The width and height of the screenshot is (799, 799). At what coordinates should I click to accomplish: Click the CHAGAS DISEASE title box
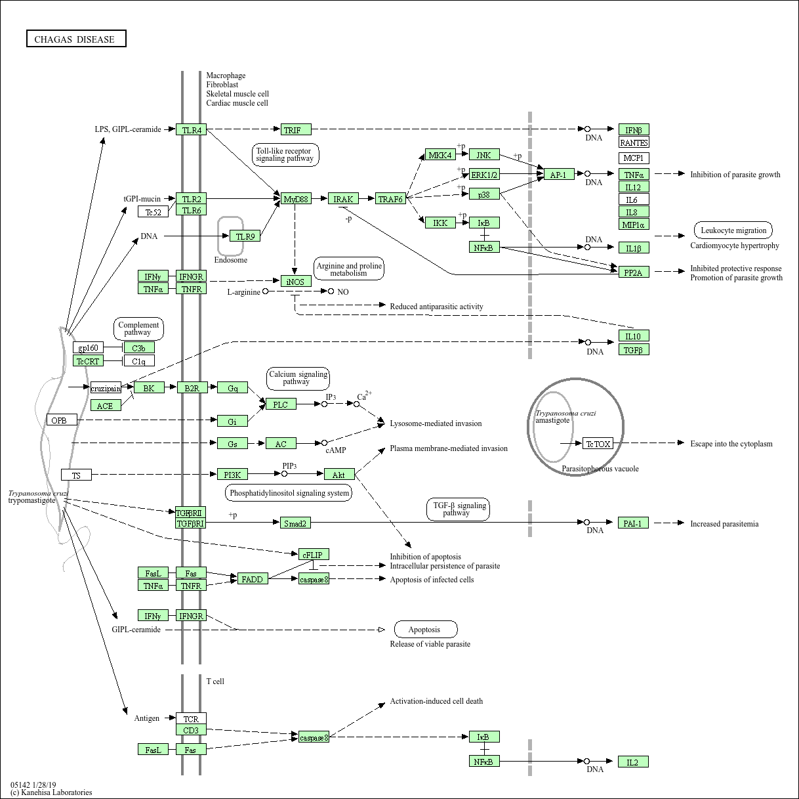(x=76, y=39)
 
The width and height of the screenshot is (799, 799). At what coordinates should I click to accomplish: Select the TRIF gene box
(x=296, y=129)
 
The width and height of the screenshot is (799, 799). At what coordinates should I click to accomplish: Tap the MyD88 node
(x=296, y=199)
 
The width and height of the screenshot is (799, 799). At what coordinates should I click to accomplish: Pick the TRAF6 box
(x=390, y=199)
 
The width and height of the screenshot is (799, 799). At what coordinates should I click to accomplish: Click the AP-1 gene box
(x=559, y=175)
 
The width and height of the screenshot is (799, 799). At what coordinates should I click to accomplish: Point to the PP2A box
(x=634, y=272)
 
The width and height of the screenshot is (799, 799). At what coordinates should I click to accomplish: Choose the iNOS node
(x=296, y=282)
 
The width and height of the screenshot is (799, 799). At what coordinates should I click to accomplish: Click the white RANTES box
(x=634, y=142)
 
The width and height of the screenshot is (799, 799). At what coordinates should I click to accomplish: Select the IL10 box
(x=634, y=335)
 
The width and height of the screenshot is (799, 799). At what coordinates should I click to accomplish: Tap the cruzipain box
(x=106, y=388)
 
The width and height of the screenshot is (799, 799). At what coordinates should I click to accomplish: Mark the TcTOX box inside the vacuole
(x=598, y=444)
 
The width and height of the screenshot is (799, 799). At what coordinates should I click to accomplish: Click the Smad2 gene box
(x=295, y=523)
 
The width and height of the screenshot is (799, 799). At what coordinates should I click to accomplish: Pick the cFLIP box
(x=314, y=555)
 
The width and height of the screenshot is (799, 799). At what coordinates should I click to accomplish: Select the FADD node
(x=253, y=578)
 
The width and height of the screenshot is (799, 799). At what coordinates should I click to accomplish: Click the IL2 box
(x=633, y=762)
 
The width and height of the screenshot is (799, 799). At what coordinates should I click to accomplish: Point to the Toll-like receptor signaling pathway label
(x=285, y=155)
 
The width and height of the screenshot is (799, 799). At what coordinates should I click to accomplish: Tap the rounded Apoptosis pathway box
(x=426, y=629)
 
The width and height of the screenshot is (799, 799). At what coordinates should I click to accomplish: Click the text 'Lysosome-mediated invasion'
(x=436, y=423)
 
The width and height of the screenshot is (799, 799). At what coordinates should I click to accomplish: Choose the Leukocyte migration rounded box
(x=733, y=230)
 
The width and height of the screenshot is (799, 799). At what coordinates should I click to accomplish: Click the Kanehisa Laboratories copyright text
(x=51, y=792)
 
